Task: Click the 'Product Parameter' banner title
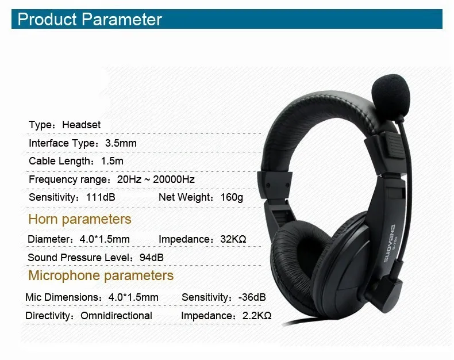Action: click(90, 20)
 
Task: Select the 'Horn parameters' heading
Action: click(80, 219)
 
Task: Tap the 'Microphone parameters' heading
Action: click(101, 275)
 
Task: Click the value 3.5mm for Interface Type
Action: click(121, 143)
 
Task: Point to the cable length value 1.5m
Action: click(112, 162)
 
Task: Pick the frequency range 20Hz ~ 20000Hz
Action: click(156, 179)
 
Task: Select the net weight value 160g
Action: click(232, 198)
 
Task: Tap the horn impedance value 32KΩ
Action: click(233, 239)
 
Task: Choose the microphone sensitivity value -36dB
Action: click(252, 297)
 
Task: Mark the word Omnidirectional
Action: click(116, 316)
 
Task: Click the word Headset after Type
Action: click(82, 125)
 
